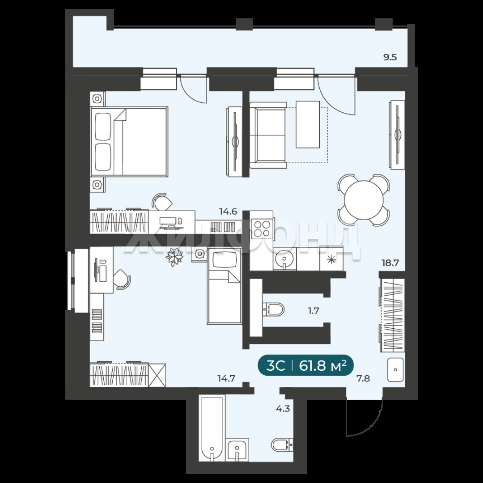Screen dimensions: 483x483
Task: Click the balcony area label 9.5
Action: pyautogui.click(x=390, y=57)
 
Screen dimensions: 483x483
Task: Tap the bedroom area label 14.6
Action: pyautogui.click(x=228, y=212)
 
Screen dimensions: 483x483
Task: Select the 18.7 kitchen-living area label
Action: pyautogui.click(x=390, y=263)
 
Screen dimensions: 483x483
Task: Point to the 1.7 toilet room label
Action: pyautogui.click(x=314, y=311)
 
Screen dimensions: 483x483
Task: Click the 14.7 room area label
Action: pyautogui.click(x=226, y=378)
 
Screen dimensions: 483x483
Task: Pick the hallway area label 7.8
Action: pyautogui.click(x=363, y=378)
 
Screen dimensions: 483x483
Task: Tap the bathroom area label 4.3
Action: pyautogui.click(x=283, y=409)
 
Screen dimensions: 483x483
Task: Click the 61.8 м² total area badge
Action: pyautogui.click(x=305, y=366)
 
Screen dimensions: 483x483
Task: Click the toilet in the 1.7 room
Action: pyautogui.click(x=273, y=309)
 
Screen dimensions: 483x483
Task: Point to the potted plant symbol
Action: pyautogui.click(x=174, y=256)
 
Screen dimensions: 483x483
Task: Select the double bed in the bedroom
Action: pyautogui.click(x=129, y=142)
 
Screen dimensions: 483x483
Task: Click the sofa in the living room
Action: pyautogui.click(x=268, y=135)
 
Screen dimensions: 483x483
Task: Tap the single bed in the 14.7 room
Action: pyautogui.click(x=224, y=286)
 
